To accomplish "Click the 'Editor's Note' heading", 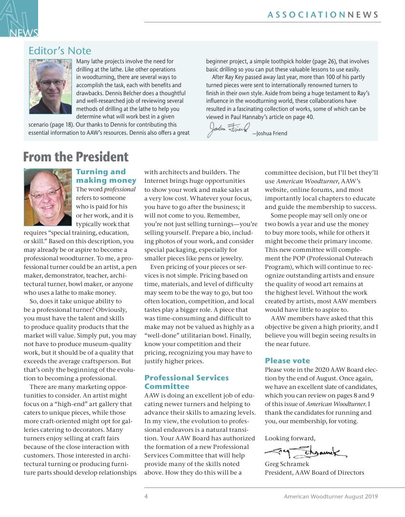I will pyautogui.click(x=60, y=51).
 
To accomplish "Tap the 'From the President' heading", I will pyautogui.click(x=76, y=157).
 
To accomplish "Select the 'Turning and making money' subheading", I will pyautogui.click(x=106, y=176).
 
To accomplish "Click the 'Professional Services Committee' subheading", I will pyautogui.click(x=186, y=382).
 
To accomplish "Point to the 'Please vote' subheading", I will pyautogui.click(x=287, y=361).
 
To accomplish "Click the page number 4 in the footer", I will pyautogui.click(x=146, y=497).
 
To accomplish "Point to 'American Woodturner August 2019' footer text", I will pyautogui.click(x=331, y=497).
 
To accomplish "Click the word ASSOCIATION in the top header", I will pyautogui.click(x=306, y=15).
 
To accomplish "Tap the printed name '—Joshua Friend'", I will pyautogui.click(x=270, y=133).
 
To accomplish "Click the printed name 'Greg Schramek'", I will pyautogui.click(x=287, y=464).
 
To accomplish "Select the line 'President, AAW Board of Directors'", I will pyautogui.click(x=314, y=473).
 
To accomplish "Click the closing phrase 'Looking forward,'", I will pyautogui.click(x=290, y=438).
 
